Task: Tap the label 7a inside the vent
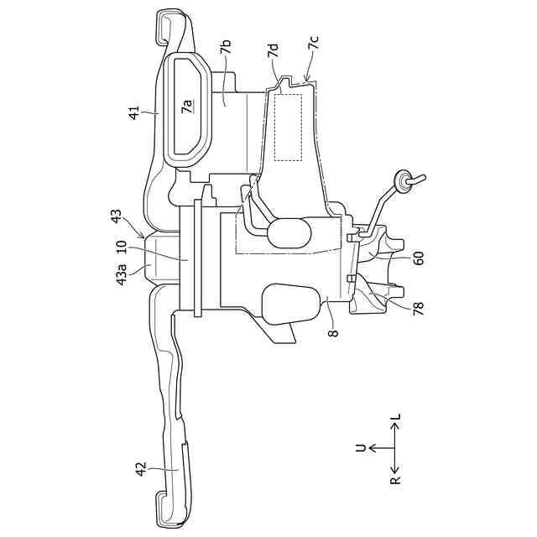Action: pos(188,106)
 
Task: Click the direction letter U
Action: pos(362,448)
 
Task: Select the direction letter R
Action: pos(394,482)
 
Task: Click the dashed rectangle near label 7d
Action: pos(288,126)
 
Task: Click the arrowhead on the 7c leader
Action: pos(307,80)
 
